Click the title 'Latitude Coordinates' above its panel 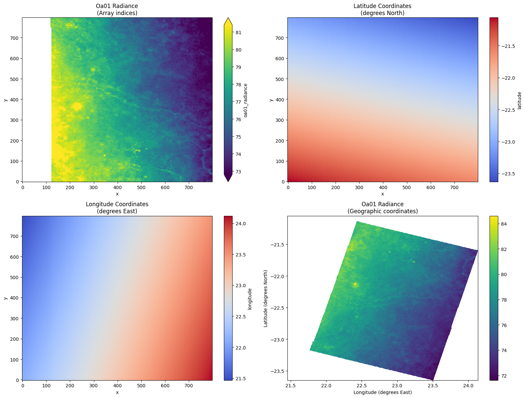[x=382, y=6]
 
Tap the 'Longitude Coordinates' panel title [x=117, y=204]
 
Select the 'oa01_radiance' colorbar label [x=246, y=100]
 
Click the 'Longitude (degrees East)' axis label [x=382, y=392]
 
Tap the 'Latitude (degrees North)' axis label [x=266, y=298]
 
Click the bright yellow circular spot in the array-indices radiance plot [x=77, y=106]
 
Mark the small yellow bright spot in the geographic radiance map [x=355, y=285]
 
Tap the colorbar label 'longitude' [x=250, y=298]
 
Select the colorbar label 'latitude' [x=519, y=100]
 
